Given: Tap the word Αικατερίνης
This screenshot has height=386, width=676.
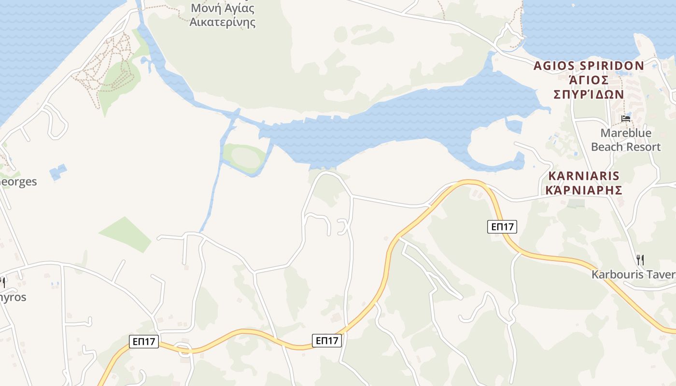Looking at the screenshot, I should click(222, 22).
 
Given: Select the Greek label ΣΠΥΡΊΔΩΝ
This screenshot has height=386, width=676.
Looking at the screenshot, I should click(589, 94).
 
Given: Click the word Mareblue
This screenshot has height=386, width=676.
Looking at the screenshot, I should click(626, 133).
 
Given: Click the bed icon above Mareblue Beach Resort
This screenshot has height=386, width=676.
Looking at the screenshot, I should click(626, 118).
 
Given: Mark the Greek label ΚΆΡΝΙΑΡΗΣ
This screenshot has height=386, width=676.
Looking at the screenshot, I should click(583, 190).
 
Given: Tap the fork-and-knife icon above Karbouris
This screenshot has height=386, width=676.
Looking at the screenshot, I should click(640, 260).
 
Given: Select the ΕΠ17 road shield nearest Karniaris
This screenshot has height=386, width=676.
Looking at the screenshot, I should click(502, 226).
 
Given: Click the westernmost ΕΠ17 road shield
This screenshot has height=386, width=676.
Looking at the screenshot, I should click(144, 342).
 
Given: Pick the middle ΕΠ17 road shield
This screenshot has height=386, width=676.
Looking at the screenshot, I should click(327, 341).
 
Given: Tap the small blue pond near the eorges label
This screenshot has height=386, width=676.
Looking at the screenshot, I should click(58, 172).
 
